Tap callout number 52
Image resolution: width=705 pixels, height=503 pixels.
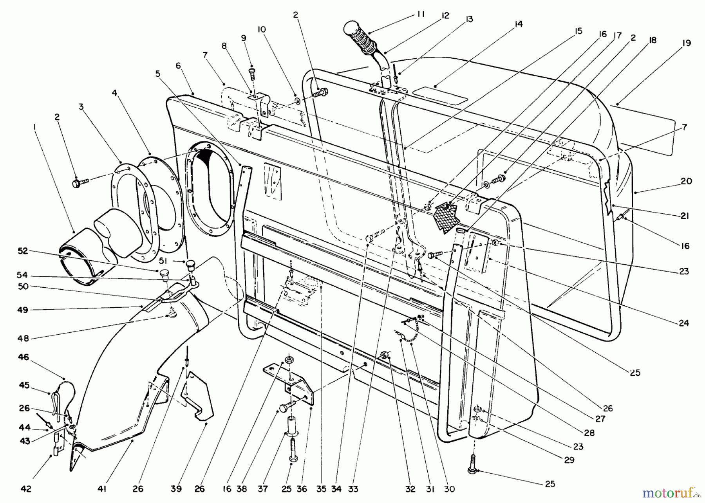click(x=23, y=251)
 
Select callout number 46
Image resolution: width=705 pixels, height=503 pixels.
click(x=23, y=357)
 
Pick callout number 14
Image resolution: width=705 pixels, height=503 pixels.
click(x=518, y=24)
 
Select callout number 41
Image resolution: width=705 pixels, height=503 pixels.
click(x=103, y=489)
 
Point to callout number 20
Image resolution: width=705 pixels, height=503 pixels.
click(x=686, y=181)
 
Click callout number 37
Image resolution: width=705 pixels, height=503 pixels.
click(x=263, y=489)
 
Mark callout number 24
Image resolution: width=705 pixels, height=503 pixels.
click(x=683, y=323)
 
